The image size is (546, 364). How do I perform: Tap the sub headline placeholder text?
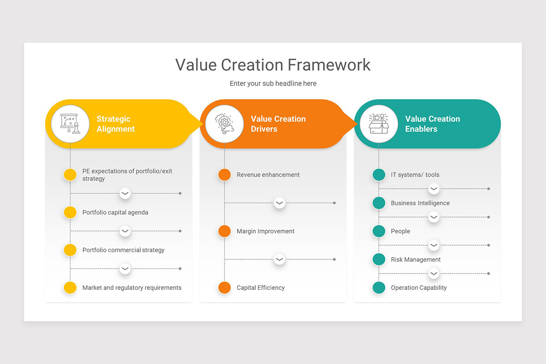tap(273, 83)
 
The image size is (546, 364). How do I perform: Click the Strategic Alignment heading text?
tap(116, 124)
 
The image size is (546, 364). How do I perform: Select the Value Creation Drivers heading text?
tap(278, 124)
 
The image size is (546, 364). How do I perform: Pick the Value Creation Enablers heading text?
tap(432, 124)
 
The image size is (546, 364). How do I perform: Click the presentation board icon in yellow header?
tap(70, 124)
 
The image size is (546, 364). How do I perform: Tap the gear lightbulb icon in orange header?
tap(224, 124)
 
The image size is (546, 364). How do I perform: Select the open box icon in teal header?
tap(379, 124)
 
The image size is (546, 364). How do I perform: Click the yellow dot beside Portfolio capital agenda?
tap(70, 212)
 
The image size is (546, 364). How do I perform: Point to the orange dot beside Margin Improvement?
tap(224, 231)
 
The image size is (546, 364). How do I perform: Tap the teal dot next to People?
tap(379, 231)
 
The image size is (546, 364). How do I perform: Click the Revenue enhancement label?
tap(268, 175)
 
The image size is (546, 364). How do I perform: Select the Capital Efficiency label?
tap(260, 288)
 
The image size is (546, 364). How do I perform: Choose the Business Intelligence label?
tap(420, 203)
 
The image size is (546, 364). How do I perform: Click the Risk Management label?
tap(415, 259)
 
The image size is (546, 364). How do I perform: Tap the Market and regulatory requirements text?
tap(131, 288)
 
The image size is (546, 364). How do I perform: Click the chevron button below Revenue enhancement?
tap(279, 203)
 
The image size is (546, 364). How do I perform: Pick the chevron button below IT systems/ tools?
tap(434, 189)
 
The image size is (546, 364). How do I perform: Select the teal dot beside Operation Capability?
tap(379, 288)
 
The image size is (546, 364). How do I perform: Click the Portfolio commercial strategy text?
tap(123, 250)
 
